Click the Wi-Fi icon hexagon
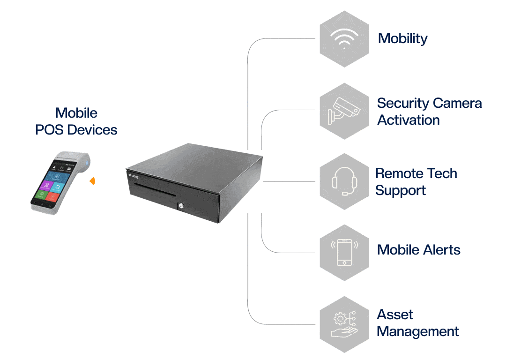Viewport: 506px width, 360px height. [x=344, y=39]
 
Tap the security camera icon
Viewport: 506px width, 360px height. [x=344, y=111]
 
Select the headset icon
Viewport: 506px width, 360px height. [x=344, y=181]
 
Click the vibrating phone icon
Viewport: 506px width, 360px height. [x=344, y=252]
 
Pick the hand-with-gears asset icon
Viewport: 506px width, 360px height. [x=344, y=324]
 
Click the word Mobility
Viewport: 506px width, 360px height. [x=402, y=38]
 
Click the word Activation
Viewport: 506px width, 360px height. [x=409, y=120]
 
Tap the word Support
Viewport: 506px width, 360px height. [x=400, y=191]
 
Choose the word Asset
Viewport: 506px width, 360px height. [x=395, y=315]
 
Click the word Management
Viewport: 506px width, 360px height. [x=417, y=331]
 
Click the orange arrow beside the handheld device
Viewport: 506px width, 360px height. [x=93, y=180]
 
